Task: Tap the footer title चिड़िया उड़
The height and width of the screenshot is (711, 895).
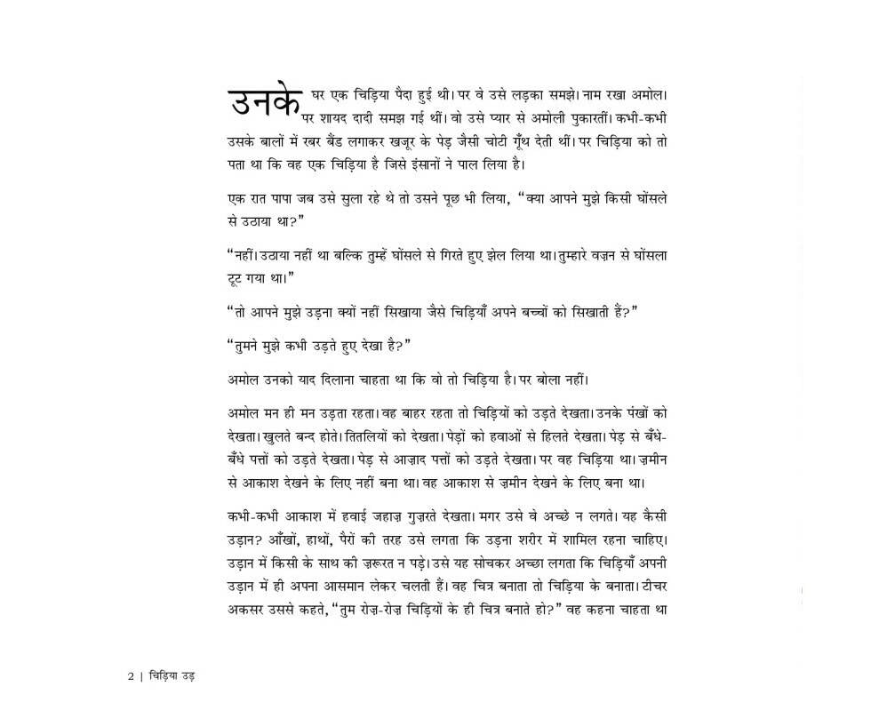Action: (x=171, y=675)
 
